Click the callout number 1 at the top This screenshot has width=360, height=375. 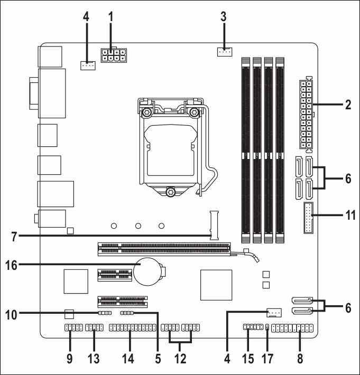[110, 15]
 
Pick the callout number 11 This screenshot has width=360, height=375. [348, 215]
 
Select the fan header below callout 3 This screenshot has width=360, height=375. [224, 52]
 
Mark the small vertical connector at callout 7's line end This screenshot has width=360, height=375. [214, 226]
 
